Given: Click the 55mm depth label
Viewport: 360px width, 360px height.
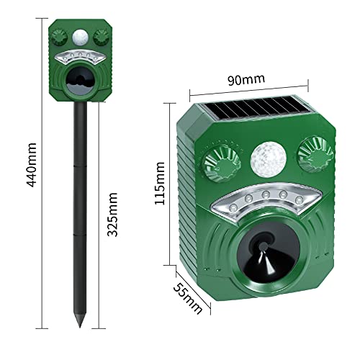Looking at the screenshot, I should click(186, 294).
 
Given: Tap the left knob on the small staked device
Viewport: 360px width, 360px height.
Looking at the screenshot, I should click(60, 36).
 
